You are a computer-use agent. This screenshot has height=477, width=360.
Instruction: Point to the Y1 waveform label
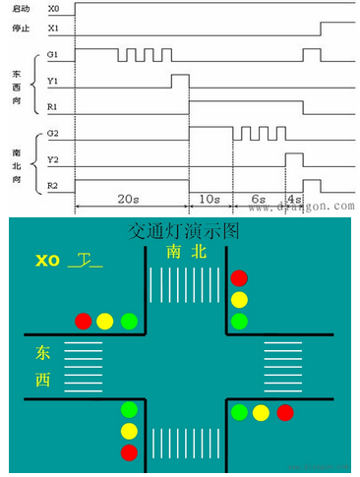(52, 82)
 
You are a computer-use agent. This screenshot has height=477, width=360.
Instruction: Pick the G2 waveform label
(52, 131)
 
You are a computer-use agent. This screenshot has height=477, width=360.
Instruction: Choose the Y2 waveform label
(52, 157)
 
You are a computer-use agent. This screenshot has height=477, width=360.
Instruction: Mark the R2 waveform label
(52, 182)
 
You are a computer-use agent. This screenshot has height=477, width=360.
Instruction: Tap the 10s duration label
(210, 199)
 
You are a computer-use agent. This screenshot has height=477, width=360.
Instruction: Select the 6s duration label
(259, 199)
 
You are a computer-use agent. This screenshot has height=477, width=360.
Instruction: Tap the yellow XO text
(47, 261)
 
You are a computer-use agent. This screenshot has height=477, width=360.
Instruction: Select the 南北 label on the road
(186, 253)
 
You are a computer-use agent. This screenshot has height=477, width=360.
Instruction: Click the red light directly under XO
(84, 321)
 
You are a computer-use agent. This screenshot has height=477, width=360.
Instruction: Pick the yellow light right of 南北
(239, 299)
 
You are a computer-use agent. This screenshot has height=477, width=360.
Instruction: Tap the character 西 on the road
(43, 380)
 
